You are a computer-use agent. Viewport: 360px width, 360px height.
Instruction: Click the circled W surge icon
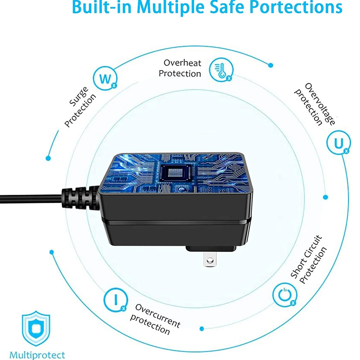105,78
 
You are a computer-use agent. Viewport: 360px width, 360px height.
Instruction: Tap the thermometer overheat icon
221,70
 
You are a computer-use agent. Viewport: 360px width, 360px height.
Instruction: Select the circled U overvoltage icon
339,143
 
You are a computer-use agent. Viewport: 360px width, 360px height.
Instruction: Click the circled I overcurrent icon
116,300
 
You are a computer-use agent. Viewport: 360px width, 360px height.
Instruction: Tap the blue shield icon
36,329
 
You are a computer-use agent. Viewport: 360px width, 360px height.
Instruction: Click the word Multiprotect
37,355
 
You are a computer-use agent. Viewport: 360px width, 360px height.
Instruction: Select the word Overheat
182,63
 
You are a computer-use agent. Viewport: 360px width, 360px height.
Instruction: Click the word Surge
79,96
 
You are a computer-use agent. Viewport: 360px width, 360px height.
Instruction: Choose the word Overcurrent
158,315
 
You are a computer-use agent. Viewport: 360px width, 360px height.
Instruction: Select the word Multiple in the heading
170,7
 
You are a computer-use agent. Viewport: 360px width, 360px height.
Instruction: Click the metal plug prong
210,259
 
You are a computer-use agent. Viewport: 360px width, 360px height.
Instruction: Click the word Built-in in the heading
102,7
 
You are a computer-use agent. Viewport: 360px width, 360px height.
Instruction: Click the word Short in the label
298,268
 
